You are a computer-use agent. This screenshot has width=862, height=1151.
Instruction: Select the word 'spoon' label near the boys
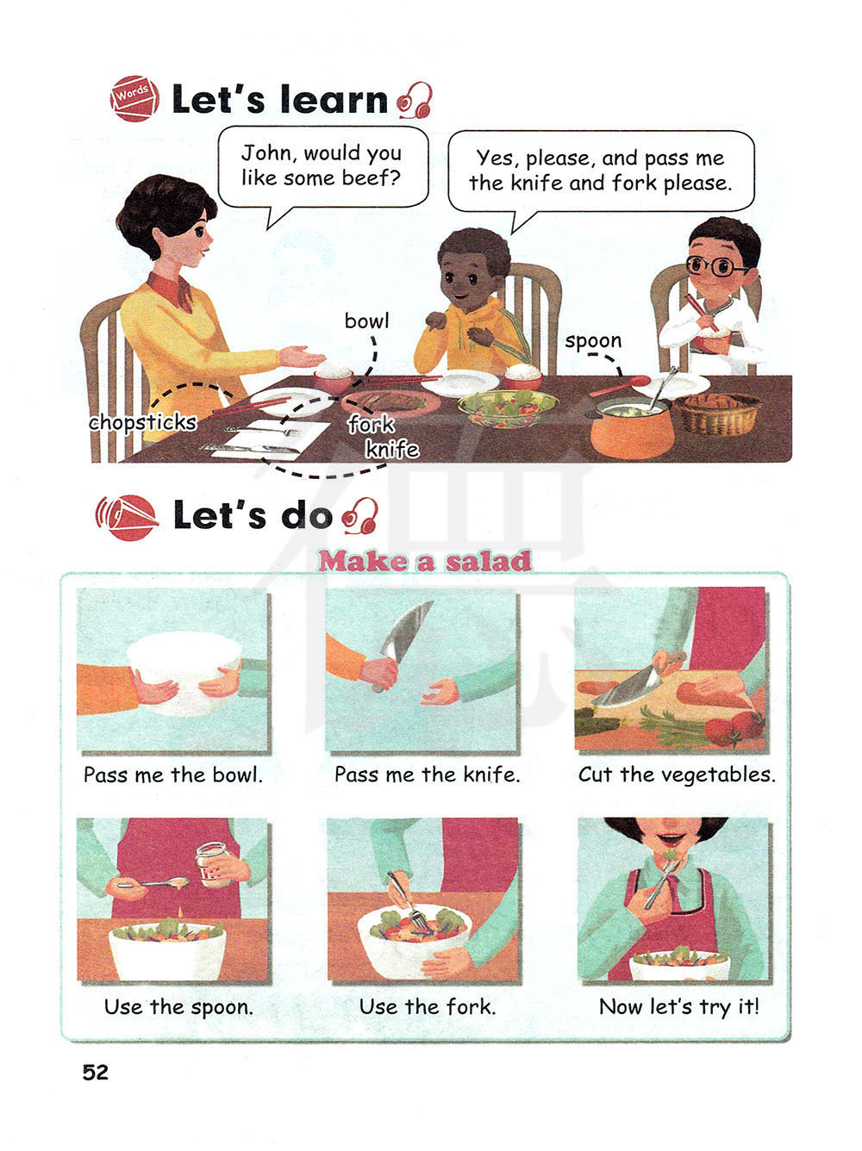coord(593,342)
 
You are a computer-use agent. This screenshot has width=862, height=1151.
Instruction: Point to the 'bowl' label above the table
coord(366,320)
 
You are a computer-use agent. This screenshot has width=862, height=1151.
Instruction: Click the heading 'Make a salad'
coord(425,561)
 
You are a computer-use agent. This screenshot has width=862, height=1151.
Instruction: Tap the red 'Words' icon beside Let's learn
coord(134,98)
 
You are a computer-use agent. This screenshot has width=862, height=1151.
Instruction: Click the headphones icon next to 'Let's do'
coord(360,515)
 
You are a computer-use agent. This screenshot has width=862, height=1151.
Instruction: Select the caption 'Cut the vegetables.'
coord(677,775)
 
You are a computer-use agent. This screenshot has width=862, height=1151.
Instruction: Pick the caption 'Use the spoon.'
coord(178,1007)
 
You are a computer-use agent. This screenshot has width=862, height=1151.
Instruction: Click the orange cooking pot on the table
coord(632,427)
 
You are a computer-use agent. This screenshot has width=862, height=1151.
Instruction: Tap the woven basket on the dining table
coord(718,414)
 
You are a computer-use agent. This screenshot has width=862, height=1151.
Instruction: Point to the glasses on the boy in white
coord(716,266)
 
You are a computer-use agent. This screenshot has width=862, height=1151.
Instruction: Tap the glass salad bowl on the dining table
coord(508,408)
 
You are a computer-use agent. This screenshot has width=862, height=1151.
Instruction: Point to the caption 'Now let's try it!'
coord(679,1007)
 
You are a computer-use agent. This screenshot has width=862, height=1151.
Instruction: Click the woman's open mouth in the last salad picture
coord(671,839)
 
